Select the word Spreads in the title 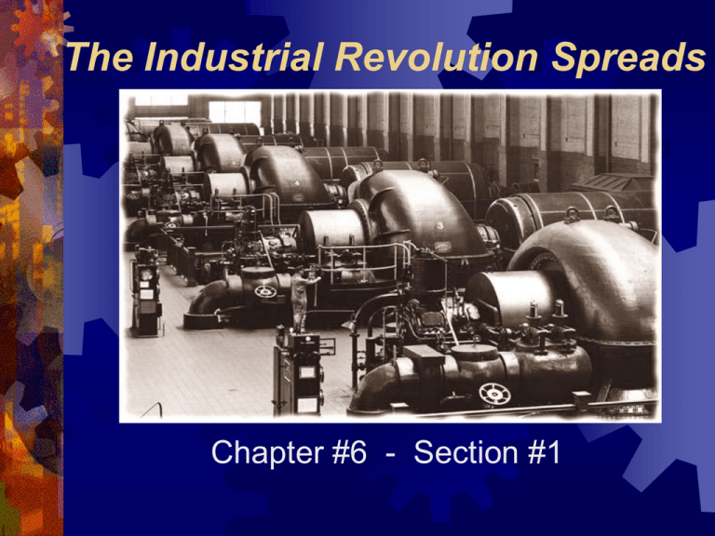(623, 60)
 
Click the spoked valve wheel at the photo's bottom (493, 393)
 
